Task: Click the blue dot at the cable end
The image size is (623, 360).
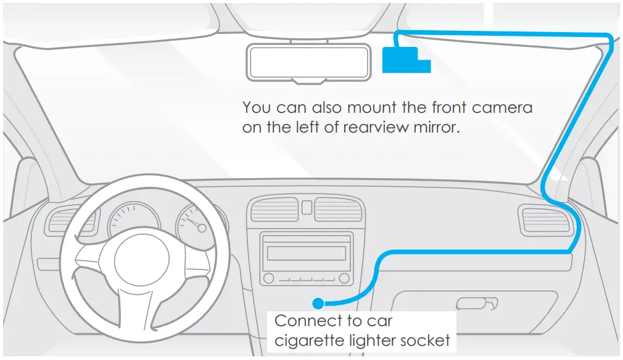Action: click(318, 303)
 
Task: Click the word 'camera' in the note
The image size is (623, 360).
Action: click(502, 107)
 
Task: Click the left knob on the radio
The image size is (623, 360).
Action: click(268, 279)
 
